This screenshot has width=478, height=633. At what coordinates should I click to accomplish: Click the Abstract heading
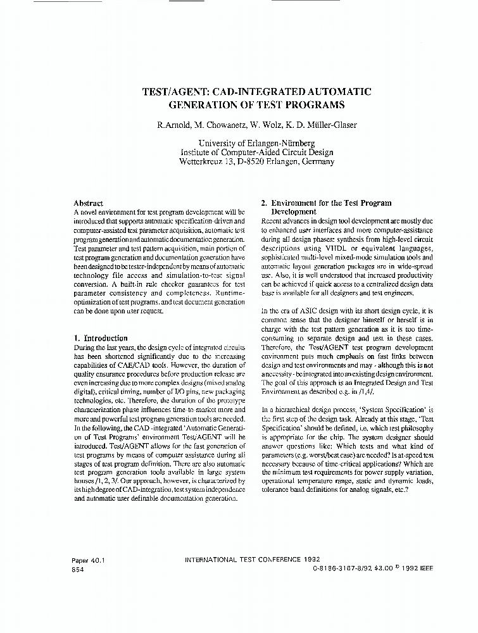89,203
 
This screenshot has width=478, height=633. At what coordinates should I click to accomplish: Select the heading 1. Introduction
101,338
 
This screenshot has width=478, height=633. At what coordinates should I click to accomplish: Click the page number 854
80,570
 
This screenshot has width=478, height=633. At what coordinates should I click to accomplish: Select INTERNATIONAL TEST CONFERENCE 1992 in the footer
251,560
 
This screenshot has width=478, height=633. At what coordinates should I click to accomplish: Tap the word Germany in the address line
312,161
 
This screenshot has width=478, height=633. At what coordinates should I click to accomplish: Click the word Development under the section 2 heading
294,211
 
